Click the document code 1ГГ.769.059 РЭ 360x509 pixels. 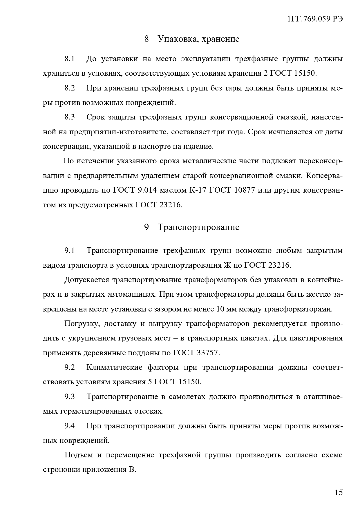(315, 19)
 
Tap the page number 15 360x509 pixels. (339, 492)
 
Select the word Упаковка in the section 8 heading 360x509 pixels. (175, 39)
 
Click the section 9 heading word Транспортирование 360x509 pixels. (198, 227)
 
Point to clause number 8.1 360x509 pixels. (70, 59)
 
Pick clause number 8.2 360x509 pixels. (70, 88)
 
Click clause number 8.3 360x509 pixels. (70, 117)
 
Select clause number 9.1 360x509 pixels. (70, 251)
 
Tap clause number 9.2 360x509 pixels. (70, 367)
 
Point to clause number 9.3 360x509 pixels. (70, 396)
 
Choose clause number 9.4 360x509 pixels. (70, 426)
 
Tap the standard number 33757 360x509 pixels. (208, 353)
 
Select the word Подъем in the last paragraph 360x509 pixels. (79, 455)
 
